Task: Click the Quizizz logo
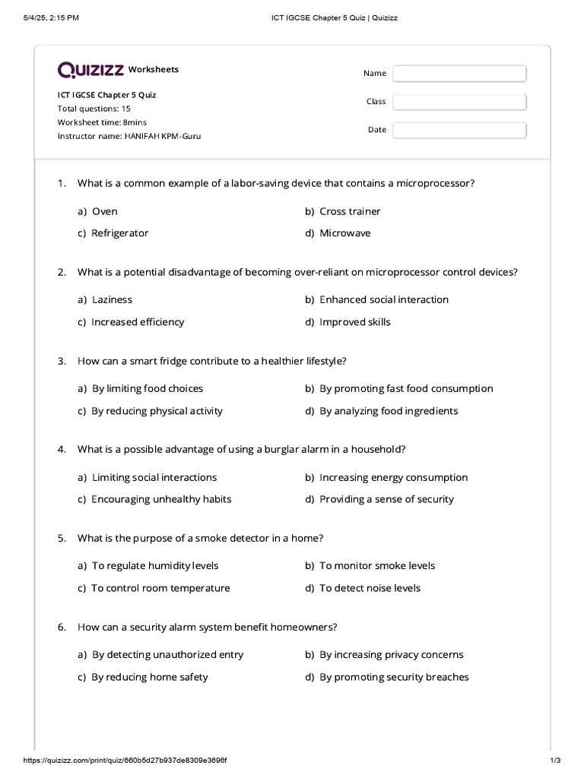pyautogui.click(x=91, y=70)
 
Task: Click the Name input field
pyautogui.click(x=459, y=74)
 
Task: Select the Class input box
pyautogui.click(x=459, y=102)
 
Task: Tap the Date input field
pyautogui.click(x=459, y=130)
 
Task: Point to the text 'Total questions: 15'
pyautogui.click(x=94, y=109)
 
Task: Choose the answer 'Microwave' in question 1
pyautogui.click(x=344, y=233)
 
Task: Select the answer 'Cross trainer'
pyautogui.click(x=350, y=211)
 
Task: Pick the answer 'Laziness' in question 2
pyautogui.click(x=112, y=299)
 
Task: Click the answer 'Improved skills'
pyautogui.click(x=354, y=322)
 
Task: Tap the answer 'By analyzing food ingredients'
pyautogui.click(x=389, y=411)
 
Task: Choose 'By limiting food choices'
pyautogui.click(x=147, y=388)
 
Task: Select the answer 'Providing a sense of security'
pyautogui.click(x=386, y=499)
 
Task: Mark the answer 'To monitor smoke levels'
pyautogui.click(x=377, y=565)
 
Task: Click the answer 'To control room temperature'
pyautogui.click(x=160, y=588)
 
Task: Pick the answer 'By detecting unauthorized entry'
pyautogui.click(x=167, y=654)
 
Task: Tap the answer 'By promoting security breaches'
pyautogui.click(x=394, y=677)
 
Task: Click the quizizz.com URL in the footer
pyautogui.click(x=125, y=761)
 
